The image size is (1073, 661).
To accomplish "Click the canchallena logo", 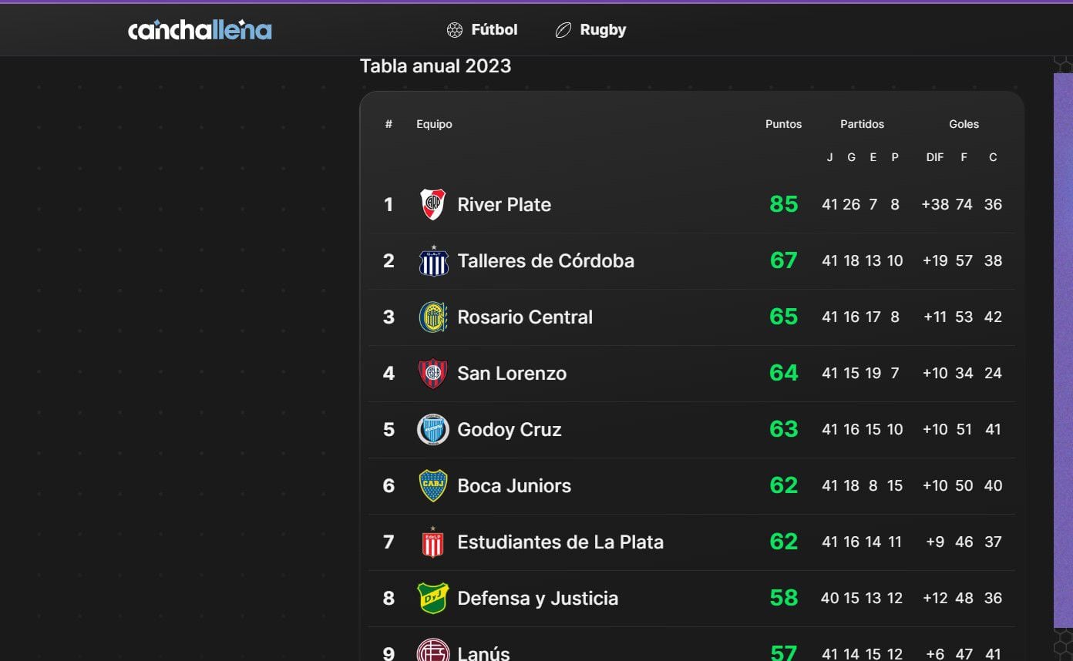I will tap(200, 30).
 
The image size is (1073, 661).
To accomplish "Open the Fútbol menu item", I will tap(483, 30).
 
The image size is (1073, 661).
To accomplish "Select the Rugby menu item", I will tap(591, 30).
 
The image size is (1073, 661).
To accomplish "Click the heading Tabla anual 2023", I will tap(436, 66).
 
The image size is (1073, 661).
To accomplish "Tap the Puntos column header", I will tap(783, 124).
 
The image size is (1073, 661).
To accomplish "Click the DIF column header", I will tap(934, 157).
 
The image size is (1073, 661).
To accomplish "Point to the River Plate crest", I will tap(432, 204).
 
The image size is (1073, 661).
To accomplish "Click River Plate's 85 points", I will tap(783, 204).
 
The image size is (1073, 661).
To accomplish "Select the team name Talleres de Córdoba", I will tap(546, 260).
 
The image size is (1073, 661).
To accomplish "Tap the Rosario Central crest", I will tap(432, 317).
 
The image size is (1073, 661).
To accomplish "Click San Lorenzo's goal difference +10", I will tap(935, 373).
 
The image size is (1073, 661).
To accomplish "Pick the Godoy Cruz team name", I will tap(509, 429).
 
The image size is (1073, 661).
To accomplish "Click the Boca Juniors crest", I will tap(432, 485).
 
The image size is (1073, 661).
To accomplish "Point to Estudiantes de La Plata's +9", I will tap(935, 542).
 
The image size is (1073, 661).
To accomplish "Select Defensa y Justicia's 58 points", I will tap(783, 598).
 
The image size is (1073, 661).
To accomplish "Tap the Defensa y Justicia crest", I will tap(432, 598).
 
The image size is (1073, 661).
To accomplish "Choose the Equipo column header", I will tap(434, 124).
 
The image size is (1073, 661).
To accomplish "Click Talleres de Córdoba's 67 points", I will tap(783, 260).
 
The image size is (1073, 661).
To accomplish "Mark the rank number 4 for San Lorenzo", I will tap(388, 373).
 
